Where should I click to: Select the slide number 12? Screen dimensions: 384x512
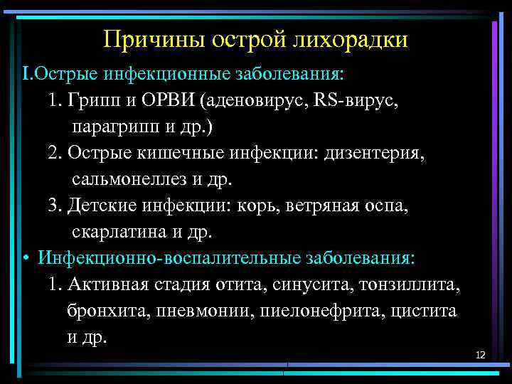480,354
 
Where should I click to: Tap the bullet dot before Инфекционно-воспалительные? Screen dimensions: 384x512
25,257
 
